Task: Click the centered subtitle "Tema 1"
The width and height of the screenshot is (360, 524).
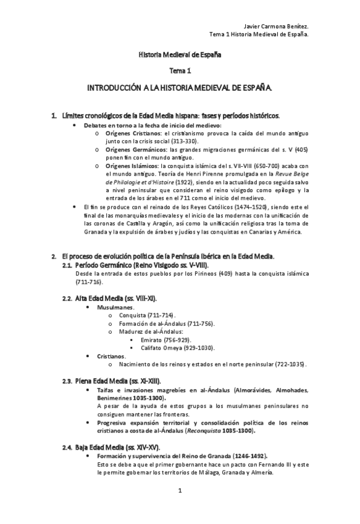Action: click(180, 72)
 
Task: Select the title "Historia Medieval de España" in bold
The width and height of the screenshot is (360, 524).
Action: click(180, 54)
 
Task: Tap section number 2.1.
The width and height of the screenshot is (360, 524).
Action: click(68, 264)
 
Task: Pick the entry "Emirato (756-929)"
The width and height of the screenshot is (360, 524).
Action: click(165, 340)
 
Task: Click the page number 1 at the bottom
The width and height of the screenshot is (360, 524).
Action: click(180, 491)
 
